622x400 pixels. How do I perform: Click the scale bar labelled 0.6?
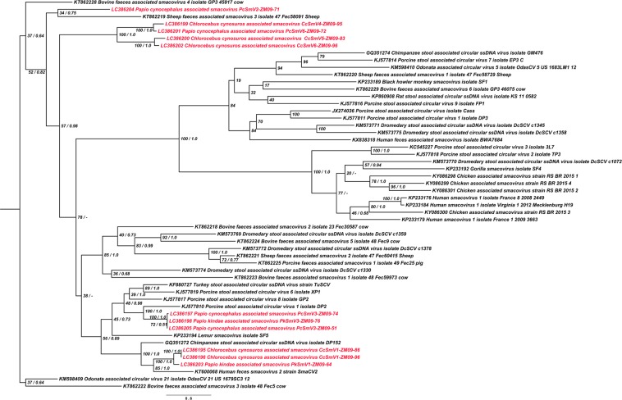tap(188, 393)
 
